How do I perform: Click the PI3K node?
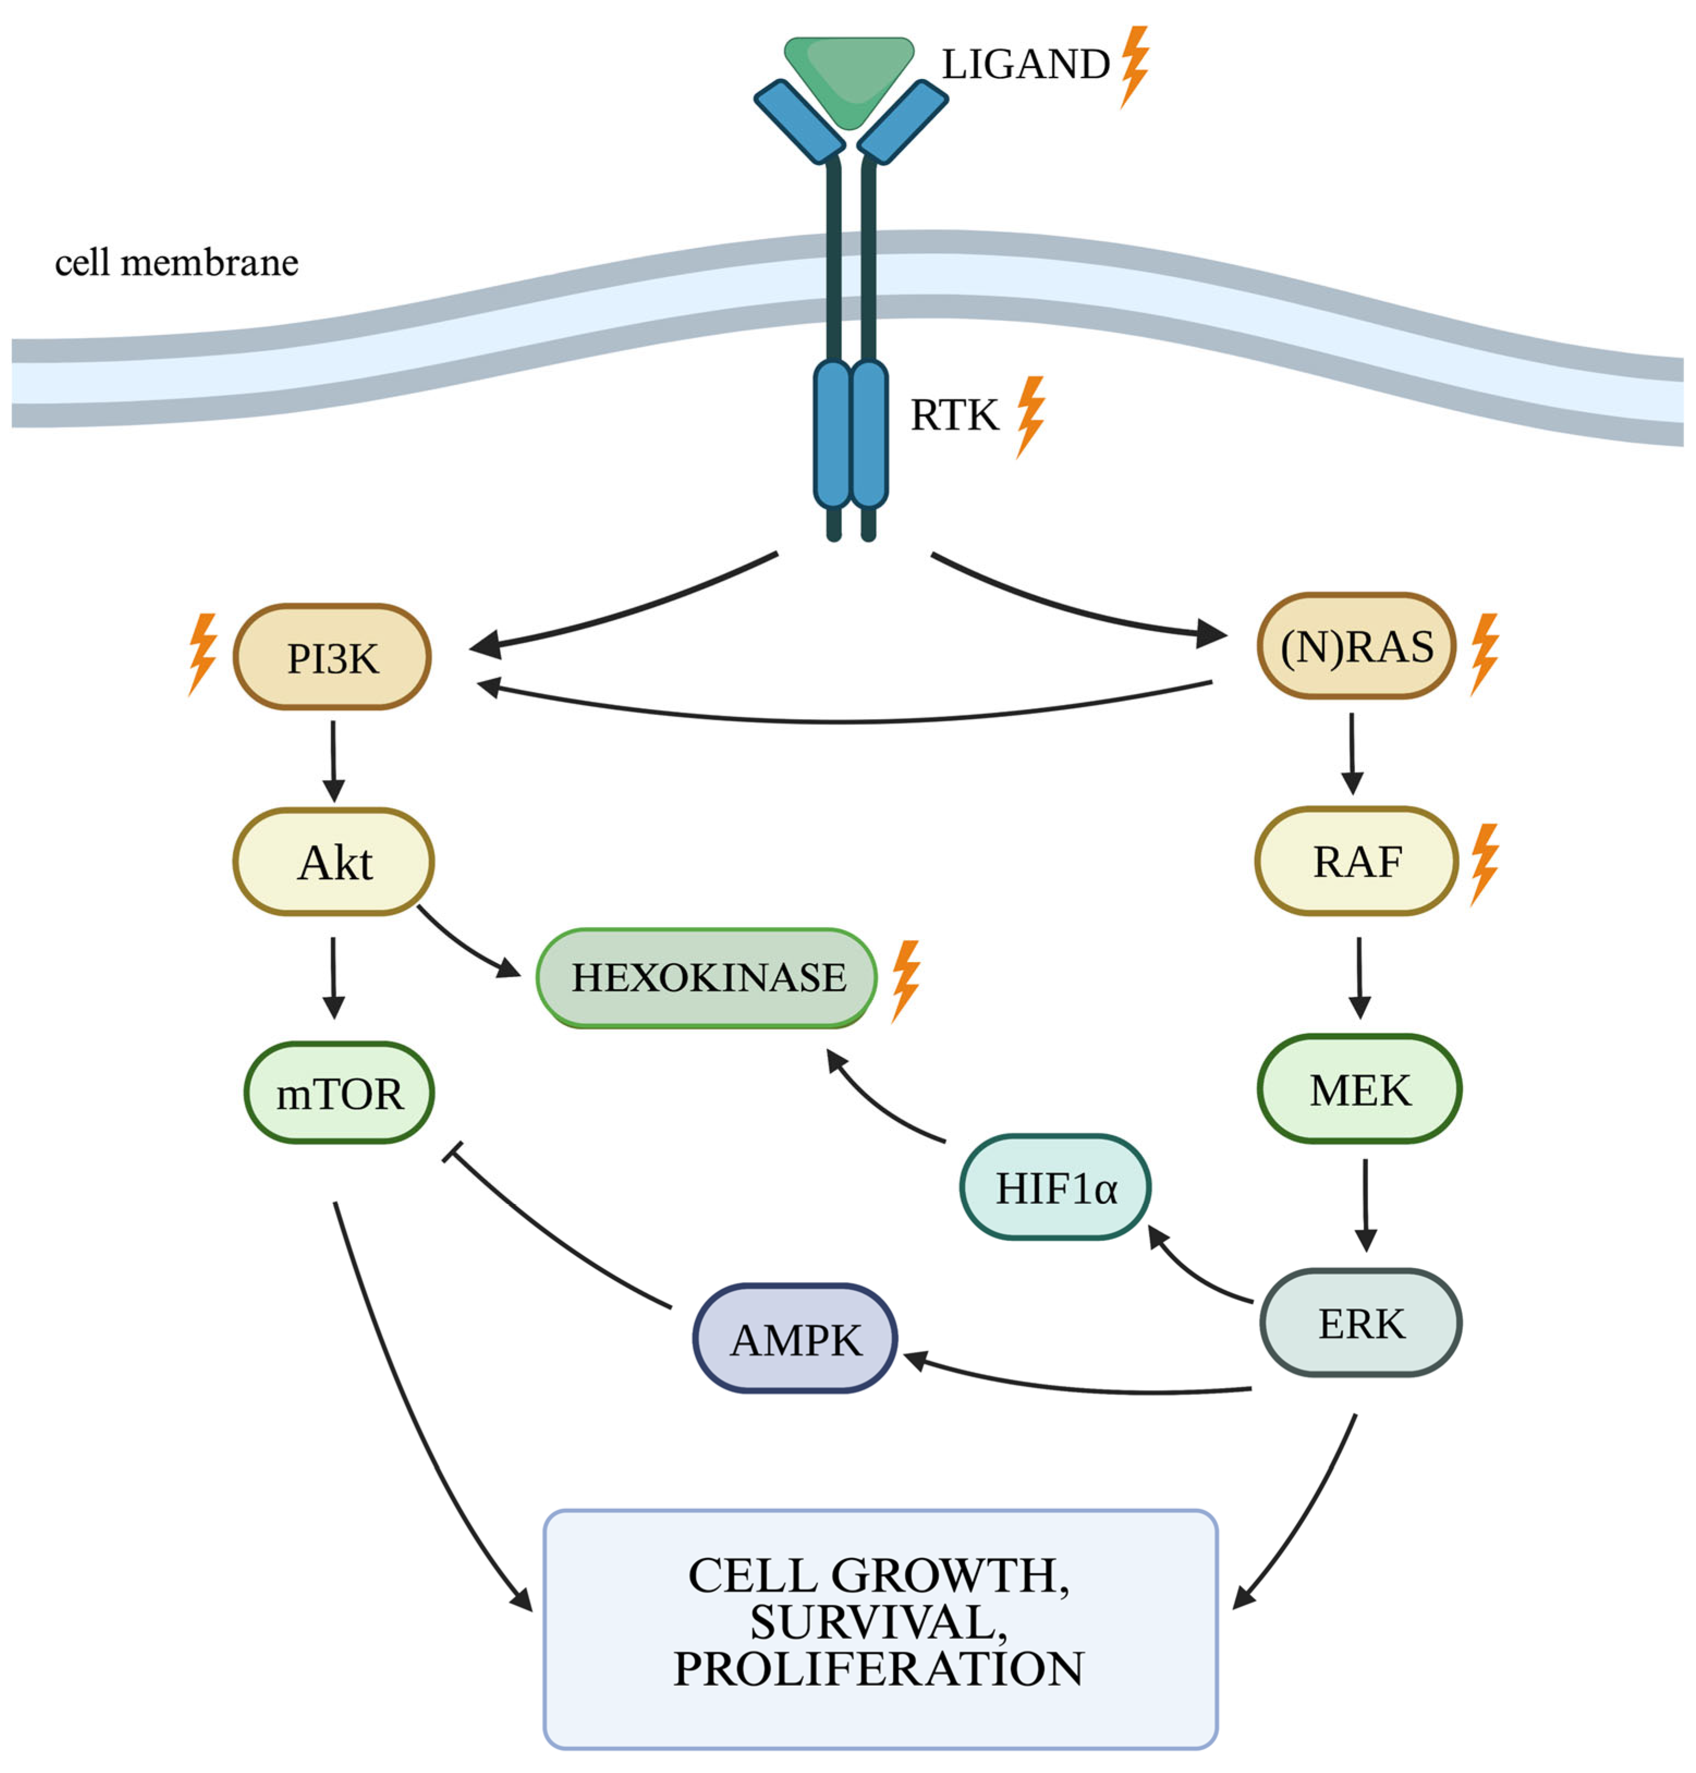point(332,657)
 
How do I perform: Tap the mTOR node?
point(339,1093)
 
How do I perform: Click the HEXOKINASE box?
point(707,977)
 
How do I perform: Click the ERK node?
point(1361,1323)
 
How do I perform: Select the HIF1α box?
point(1055,1187)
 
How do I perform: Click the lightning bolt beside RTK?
point(1030,416)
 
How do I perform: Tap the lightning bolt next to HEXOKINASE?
point(906,980)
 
